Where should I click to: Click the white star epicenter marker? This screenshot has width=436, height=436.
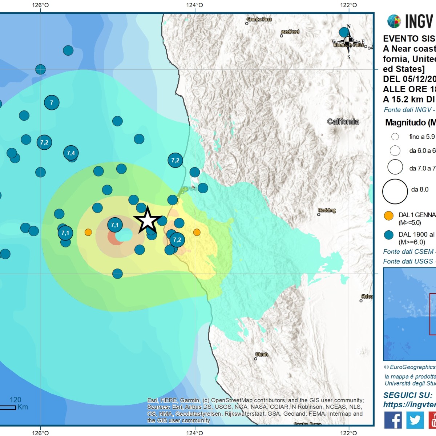tap(148, 220)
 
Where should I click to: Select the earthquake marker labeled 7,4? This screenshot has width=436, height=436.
tap(71, 153)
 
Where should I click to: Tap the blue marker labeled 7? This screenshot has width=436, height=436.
tap(52, 102)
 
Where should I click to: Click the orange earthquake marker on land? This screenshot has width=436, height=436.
tap(197, 232)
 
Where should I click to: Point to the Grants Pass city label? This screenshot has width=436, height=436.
tap(259, 19)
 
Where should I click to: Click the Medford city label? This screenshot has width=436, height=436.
tap(290, 32)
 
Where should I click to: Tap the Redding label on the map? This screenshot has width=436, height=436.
tap(327, 210)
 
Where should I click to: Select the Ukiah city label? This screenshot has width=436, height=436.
tap(262, 354)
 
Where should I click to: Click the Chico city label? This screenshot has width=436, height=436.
tap(367, 296)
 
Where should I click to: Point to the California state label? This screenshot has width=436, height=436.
tap(343, 122)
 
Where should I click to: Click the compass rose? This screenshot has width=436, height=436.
tap(348, 42)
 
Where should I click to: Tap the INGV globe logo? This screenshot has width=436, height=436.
tap(394, 21)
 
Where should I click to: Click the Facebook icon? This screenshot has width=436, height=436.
tap(393, 420)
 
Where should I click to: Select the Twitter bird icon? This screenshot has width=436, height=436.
tap(415, 420)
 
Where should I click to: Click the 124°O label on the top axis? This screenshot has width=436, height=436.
tap(195, 5)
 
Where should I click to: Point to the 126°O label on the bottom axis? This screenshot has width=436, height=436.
tap(40, 433)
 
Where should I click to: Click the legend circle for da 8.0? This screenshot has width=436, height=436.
tap(395, 191)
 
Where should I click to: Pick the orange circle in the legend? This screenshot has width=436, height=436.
tap(389, 215)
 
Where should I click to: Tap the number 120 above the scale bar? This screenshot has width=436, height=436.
tap(15, 400)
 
